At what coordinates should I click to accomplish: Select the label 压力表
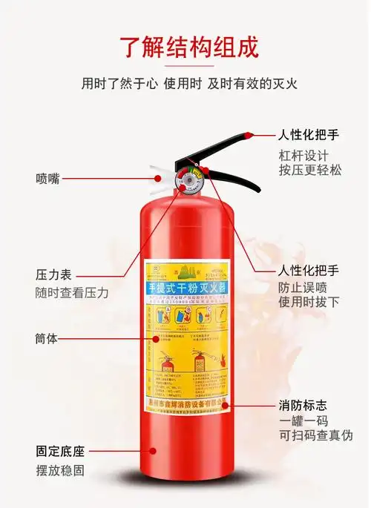53,274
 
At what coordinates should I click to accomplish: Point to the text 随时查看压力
72,293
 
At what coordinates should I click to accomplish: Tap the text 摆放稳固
60,470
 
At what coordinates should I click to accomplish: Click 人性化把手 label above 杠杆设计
309,136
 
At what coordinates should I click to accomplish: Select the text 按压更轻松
310,170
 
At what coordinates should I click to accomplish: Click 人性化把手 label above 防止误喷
309,270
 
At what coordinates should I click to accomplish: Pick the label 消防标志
303,406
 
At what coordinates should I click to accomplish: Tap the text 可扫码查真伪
316,435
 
